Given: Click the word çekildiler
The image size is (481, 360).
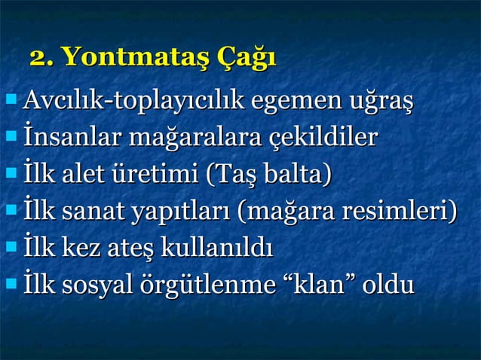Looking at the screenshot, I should click(x=323, y=139).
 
